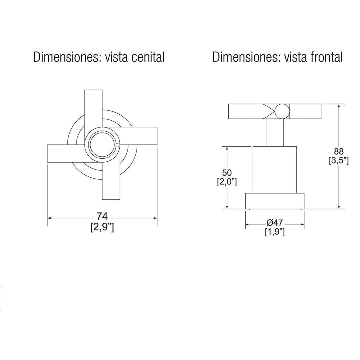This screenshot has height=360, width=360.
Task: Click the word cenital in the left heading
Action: (148, 57)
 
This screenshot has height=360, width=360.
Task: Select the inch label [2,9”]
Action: (102, 227)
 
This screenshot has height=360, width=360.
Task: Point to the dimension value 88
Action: (339, 151)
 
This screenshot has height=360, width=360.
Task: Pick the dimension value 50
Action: (227, 172)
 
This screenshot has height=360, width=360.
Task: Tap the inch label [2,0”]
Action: (227, 182)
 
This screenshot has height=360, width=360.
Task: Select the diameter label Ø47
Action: (274, 223)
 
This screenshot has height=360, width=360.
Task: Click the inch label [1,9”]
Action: (274, 232)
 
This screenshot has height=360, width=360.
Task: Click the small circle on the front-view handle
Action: (282, 111)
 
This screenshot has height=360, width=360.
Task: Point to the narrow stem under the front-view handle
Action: (275, 133)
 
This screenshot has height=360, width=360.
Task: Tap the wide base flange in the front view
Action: (275, 201)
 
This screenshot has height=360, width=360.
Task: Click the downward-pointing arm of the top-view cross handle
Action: (111, 183)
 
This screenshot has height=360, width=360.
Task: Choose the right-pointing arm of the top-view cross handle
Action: (141, 136)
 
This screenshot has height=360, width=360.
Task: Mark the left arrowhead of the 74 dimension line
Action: (49, 218)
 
